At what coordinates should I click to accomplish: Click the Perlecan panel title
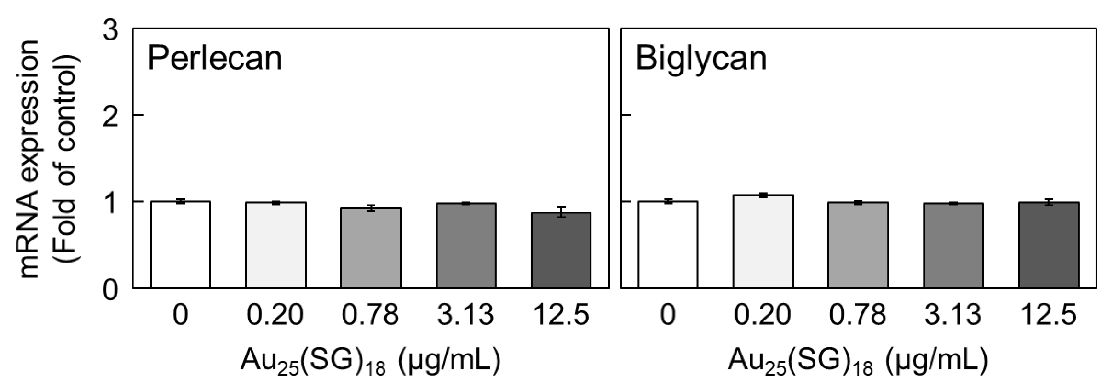tap(214, 58)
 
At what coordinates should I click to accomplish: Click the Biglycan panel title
tap(701, 58)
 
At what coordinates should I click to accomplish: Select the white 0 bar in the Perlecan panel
tap(181, 245)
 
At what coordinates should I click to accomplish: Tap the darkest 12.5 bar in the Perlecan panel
tap(561, 250)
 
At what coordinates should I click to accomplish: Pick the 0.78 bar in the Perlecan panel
tap(371, 248)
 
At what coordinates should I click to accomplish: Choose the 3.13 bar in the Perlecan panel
tap(466, 246)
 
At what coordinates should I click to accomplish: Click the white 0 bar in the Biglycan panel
tap(668, 245)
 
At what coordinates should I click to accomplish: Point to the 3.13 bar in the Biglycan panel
tap(953, 246)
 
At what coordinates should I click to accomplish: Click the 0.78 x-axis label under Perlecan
tap(370, 315)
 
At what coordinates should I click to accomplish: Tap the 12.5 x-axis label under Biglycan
tap(1049, 315)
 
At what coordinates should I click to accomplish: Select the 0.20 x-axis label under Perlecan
tap(275, 315)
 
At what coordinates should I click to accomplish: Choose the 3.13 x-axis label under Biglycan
tap(953, 315)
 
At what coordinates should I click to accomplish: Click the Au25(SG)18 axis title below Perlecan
tap(370, 362)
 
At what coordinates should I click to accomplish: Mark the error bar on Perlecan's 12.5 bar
tap(561, 212)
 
